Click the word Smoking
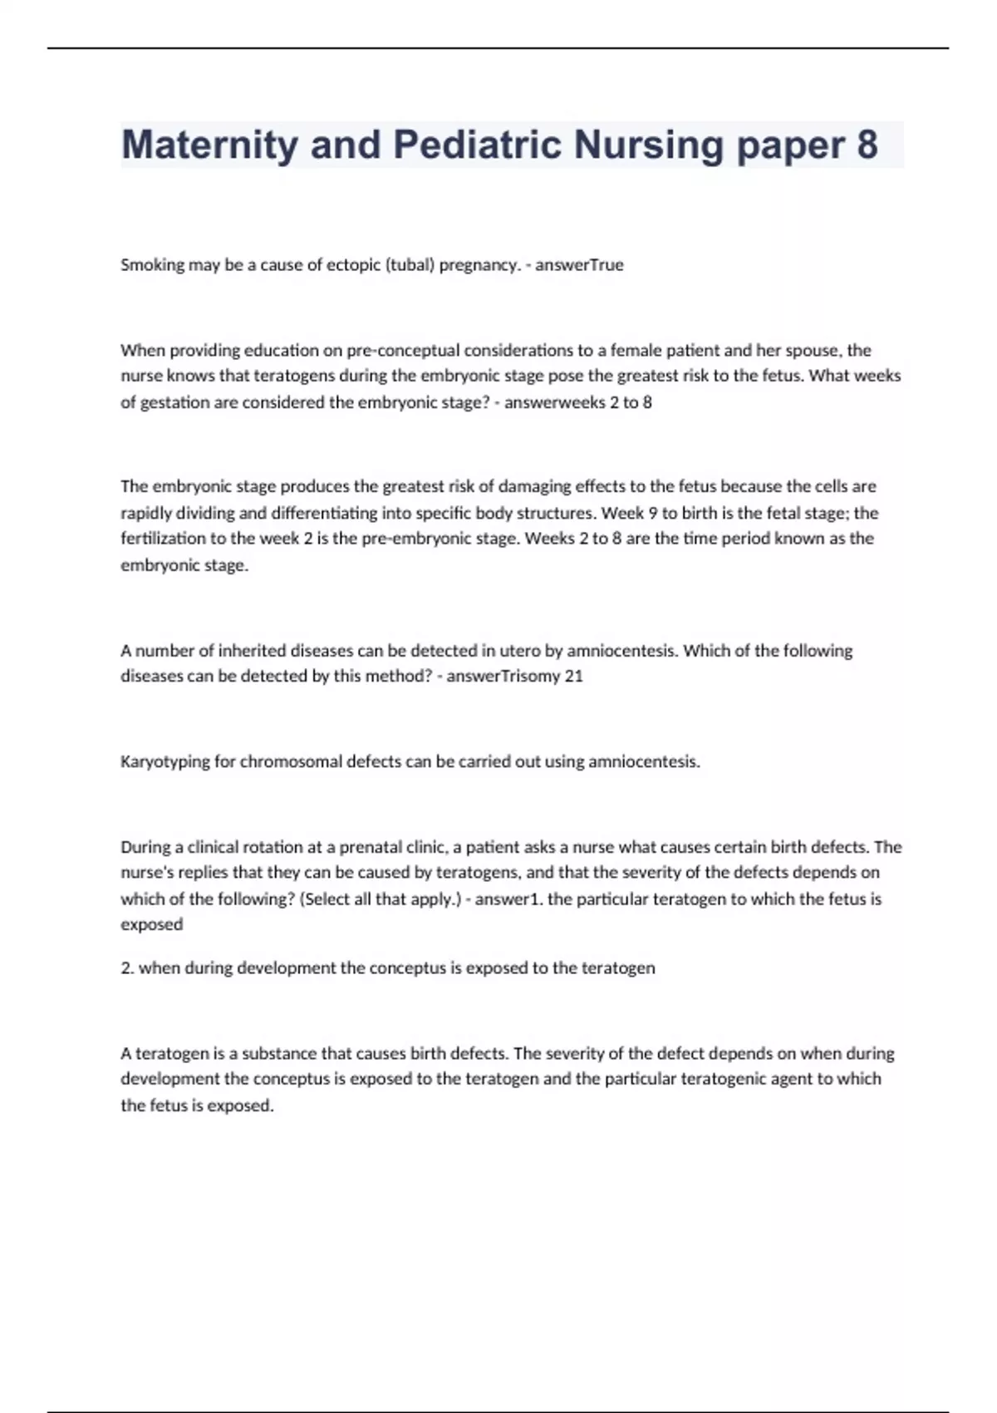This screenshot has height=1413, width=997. [153, 265]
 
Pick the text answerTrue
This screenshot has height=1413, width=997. [579, 265]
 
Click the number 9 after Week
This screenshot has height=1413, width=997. [653, 513]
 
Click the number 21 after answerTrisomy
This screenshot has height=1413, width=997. [574, 677]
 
